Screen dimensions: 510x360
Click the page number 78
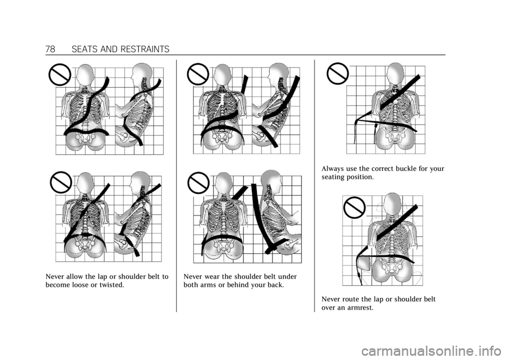pos(50,49)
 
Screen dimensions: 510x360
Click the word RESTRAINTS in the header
pos(144,49)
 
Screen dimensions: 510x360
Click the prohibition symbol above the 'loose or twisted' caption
pos(61,182)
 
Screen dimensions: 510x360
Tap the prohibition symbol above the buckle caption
pos(338,73)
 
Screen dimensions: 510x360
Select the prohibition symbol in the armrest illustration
pos(355,208)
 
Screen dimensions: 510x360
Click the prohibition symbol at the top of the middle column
pos(198,74)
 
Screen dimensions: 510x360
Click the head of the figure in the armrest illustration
pos(393,203)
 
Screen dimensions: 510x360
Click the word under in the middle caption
pos(287,277)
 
